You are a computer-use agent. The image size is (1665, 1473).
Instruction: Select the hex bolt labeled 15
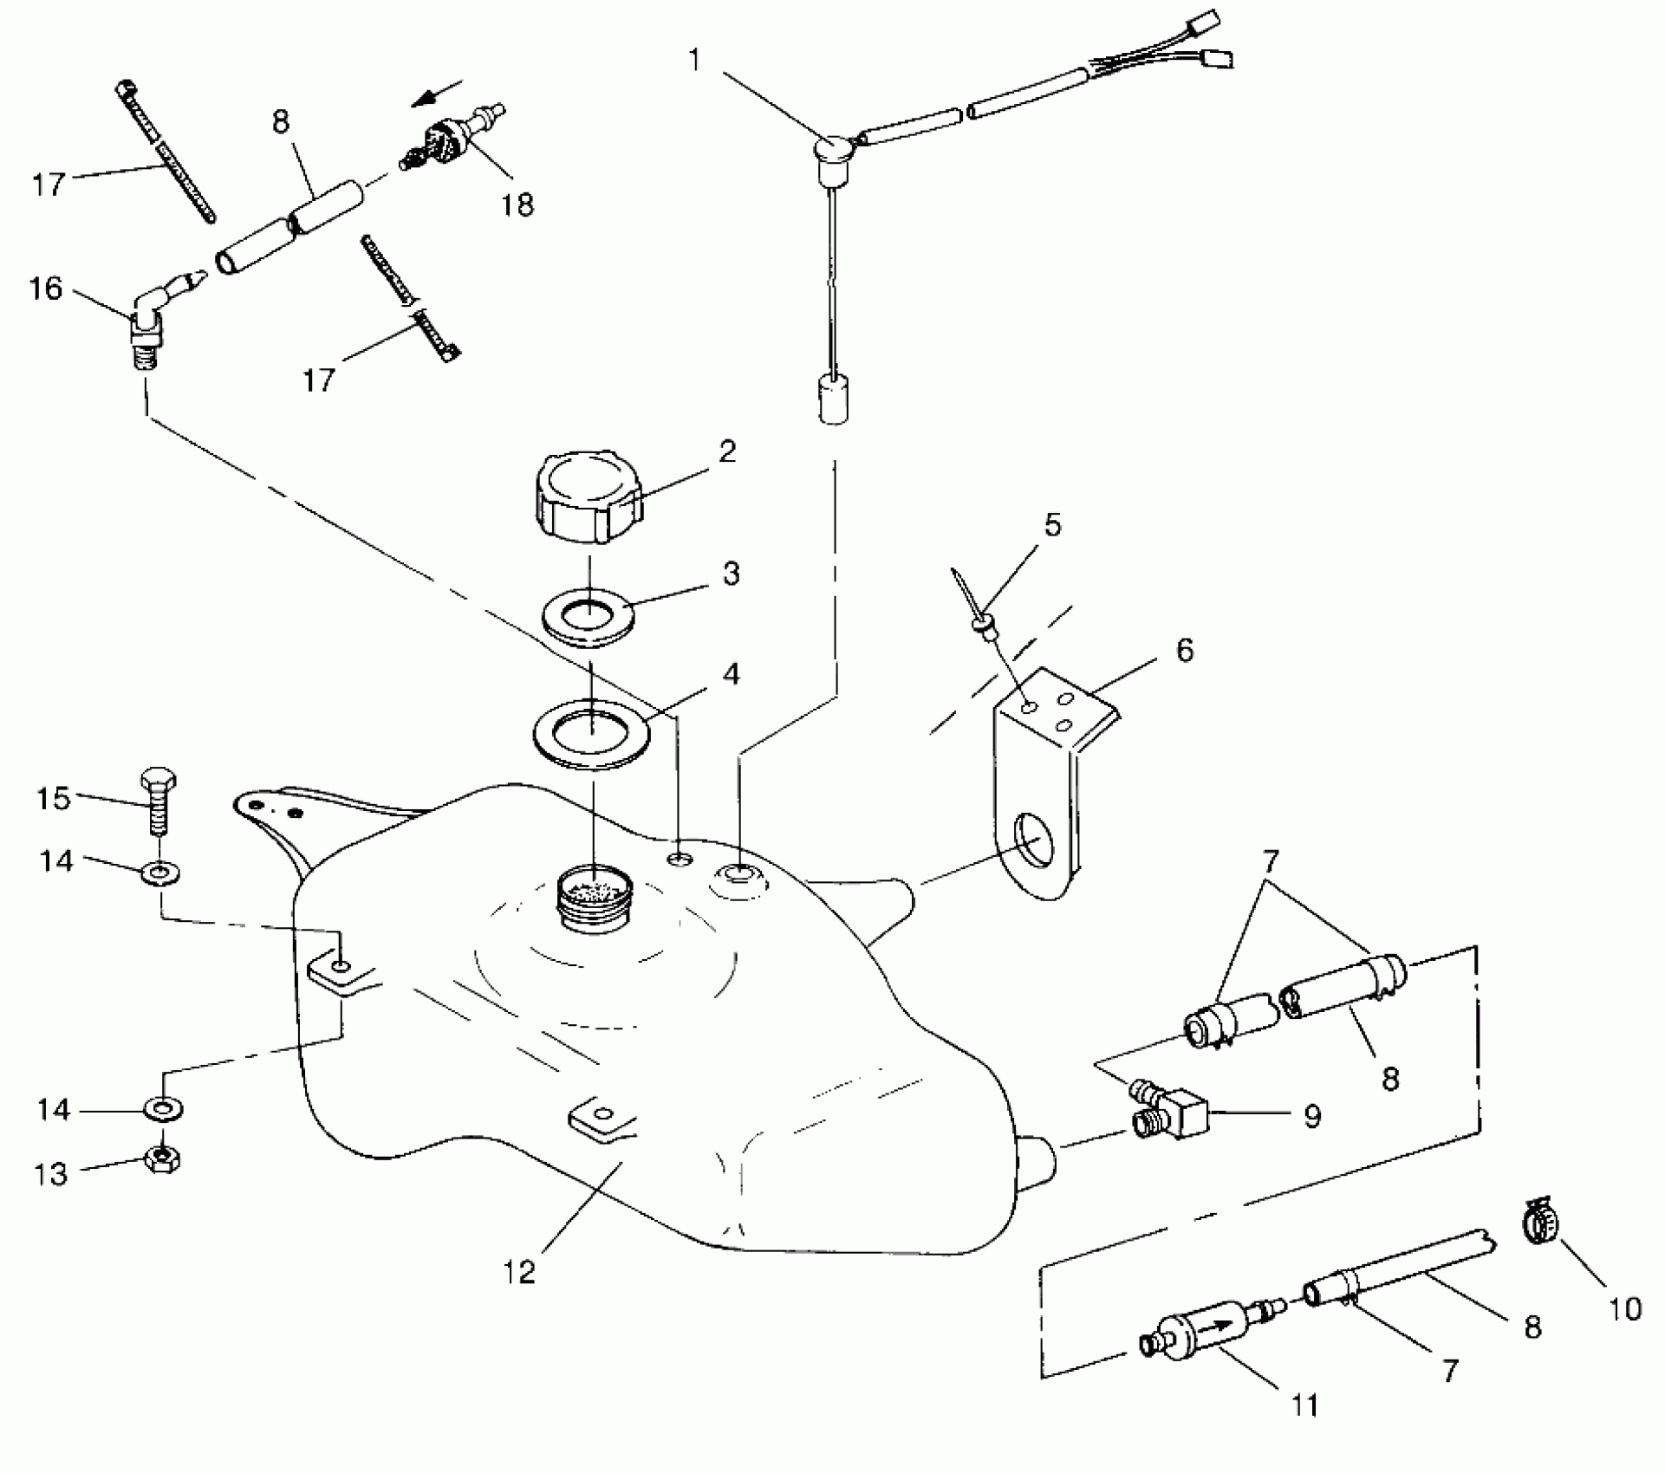[x=157, y=798]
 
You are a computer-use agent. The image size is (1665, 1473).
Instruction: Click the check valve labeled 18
[x=451, y=136]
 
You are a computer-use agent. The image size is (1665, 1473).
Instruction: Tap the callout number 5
[x=1052, y=524]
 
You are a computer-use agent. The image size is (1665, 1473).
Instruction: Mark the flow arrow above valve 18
[x=438, y=93]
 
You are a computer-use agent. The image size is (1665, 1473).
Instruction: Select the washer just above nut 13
[x=163, y=1108]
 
